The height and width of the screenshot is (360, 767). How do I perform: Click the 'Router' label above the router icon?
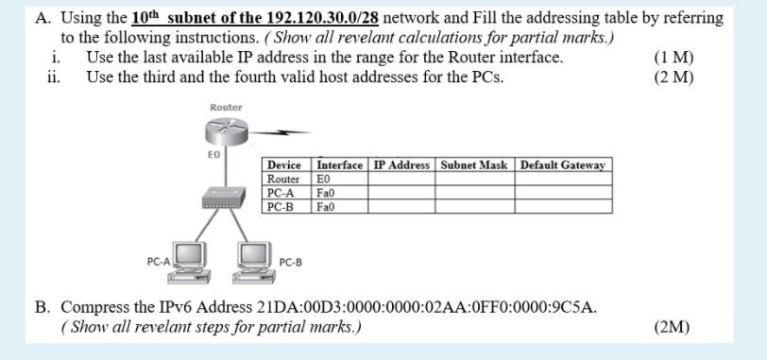pos(226,107)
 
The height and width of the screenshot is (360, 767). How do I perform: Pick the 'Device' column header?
pos(284,165)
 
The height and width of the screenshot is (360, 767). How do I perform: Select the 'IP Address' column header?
pos(402,165)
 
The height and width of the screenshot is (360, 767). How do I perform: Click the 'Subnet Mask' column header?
pos(474,165)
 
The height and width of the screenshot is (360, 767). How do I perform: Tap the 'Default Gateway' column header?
pos(562,165)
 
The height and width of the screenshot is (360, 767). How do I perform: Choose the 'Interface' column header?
pos(339,165)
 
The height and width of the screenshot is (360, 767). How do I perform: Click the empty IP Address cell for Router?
pos(402,179)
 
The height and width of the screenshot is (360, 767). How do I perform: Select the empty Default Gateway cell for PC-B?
pos(562,205)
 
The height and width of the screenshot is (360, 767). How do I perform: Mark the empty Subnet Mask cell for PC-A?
pos(474,192)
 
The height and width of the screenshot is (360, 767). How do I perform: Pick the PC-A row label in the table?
pos(281,192)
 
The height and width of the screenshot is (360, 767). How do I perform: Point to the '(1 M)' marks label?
pos(673,58)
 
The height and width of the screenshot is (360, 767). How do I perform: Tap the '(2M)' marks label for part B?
pos(672,328)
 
